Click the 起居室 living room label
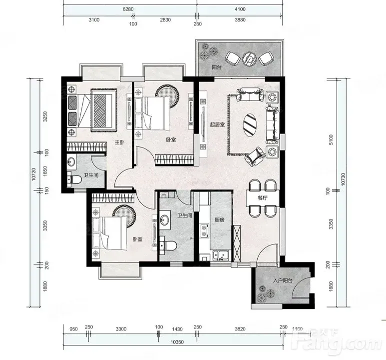pyautogui.click(x=217, y=124)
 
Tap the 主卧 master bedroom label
pyautogui.click(x=120, y=142)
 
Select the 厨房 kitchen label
pyautogui.click(x=219, y=219)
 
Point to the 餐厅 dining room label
pyautogui.click(x=263, y=198)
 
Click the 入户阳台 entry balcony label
pyautogui.click(x=283, y=280)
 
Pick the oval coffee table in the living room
pyautogui.click(x=250, y=124)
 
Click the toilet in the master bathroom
pyautogui.click(x=74, y=179)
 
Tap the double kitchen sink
pyautogui.click(x=221, y=255)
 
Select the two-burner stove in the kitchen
pyautogui.click(x=204, y=231)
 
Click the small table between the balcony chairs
pyautogui.click(x=249, y=58)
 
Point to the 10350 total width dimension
pyautogui.click(x=177, y=342)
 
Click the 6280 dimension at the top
pyautogui.click(x=128, y=9)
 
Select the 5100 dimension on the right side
pyautogui.click(x=331, y=140)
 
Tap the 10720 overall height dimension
pyautogui.click(x=34, y=174)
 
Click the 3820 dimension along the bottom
pyautogui.click(x=240, y=329)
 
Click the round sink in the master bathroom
pyautogui.click(x=71, y=162)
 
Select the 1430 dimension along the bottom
pyautogui.click(x=177, y=329)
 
